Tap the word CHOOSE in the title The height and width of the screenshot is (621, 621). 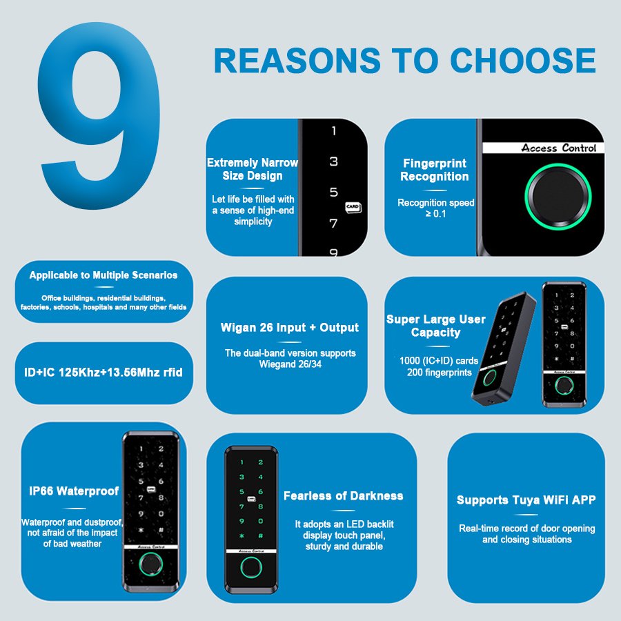(x=523, y=61)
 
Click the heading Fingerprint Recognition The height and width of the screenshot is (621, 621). (x=435, y=170)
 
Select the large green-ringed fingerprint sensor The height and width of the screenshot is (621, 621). (x=558, y=197)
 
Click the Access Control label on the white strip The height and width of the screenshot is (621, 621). (x=558, y=148)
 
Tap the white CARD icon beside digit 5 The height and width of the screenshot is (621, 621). (x=353, y=207)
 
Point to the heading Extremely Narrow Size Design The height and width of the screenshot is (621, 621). (x=253, y=169)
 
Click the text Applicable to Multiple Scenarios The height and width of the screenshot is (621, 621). (x=103, y=275)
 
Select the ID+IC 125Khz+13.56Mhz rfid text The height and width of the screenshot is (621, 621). (x=103, y=373)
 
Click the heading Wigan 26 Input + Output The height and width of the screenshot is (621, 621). (x=290, y=328)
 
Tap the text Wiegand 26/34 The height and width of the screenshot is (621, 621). (x=290, y=364)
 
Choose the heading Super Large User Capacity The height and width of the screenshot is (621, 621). (x=435, y=326)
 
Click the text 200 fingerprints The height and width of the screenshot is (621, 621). (x=440, y=373)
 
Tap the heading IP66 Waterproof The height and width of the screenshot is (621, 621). (x=74, y=491)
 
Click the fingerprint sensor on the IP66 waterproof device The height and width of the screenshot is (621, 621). (x=151, y=564)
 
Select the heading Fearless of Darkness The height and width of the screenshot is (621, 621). (x=344, y=496)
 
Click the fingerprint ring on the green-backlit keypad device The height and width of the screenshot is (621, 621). (x=251, y=568)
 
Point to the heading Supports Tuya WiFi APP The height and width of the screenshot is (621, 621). (x=526, y=500)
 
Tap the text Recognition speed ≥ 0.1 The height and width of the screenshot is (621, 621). (x=435, y=208)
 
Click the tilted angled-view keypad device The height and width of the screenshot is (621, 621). (x=503, y=348)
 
